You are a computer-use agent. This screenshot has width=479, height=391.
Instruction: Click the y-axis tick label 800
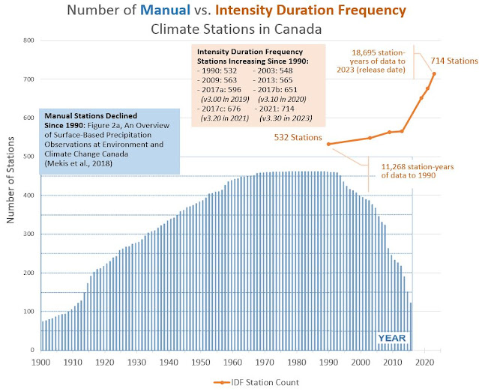pyautogui.click(x=28, y=41)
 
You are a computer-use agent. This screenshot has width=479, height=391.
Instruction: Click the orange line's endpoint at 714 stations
pyautogui.click(x=434, y=73)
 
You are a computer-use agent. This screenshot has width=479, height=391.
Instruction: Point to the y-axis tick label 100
pyautogui.click(x=28, y=312)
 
